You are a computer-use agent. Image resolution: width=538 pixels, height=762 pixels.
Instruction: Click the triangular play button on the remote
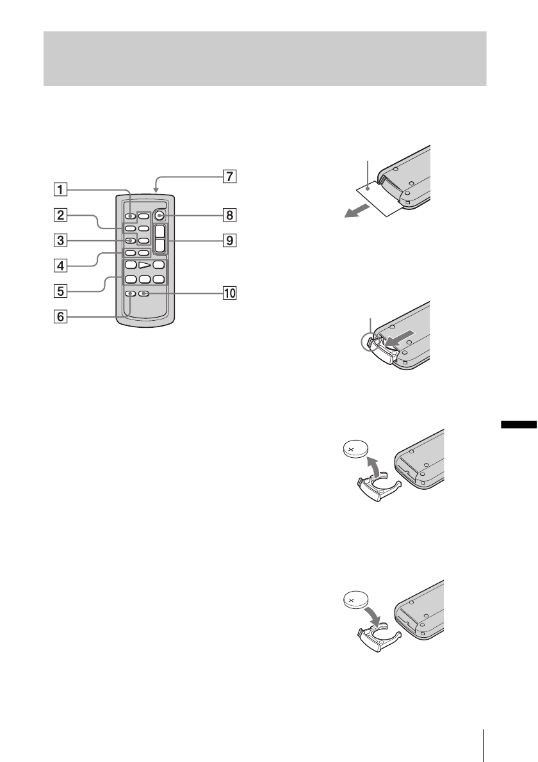[x=145, y=264]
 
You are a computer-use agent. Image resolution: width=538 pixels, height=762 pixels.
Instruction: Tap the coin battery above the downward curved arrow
[x=356, y=601]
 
